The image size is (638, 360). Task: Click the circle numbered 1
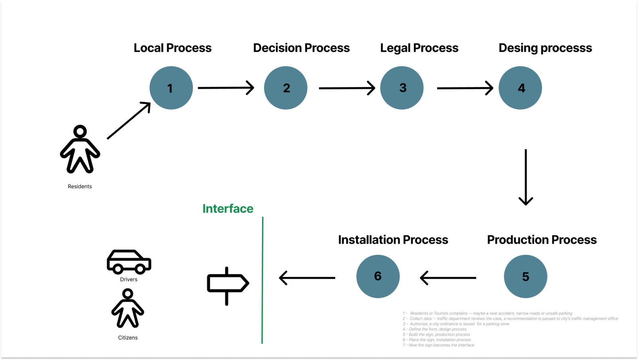[x=171, y=88]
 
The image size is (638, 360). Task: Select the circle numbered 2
[x=286, y=88]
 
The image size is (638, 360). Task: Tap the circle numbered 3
[x=402, y=88]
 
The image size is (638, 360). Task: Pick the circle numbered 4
[x=520, y=88]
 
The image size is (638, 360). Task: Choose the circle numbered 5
[x=525, y=276]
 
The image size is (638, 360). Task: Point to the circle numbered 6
[x=378, y=276]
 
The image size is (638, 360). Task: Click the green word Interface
[x=228, y=209]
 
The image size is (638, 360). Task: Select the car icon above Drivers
[x=129, y=262]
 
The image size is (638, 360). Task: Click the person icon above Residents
[x=80, y=150]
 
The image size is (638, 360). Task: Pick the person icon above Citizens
[x=128, y=309]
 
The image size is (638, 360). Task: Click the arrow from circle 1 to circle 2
[x=226, y=88]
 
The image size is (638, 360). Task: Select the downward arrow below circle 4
[x=526, y=177]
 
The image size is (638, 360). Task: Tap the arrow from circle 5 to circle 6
[x=448, y=278]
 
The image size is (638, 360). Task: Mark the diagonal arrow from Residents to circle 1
[x=129, y=120]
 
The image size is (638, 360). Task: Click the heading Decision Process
[x=301, y=48]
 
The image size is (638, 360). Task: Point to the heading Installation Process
[x=393, y=240]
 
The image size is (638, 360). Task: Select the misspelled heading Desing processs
[x=545, y=48]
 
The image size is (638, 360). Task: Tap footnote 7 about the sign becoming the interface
[x=439, y=345]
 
